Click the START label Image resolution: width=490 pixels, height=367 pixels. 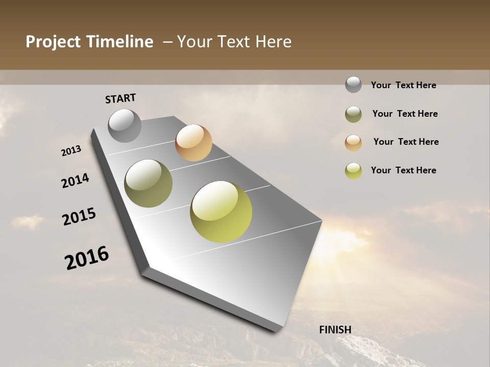(x=120, y=98)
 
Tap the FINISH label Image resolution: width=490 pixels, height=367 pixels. (x=335, y=330)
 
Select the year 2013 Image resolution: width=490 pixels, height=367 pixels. (x=71, y=151)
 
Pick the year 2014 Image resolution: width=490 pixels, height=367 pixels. (x=76, y=181)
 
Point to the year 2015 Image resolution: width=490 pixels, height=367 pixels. (x=79, y=217)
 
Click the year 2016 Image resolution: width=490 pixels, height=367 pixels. (x=87, y=258)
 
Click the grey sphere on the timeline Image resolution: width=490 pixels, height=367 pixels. (x=125, y=125)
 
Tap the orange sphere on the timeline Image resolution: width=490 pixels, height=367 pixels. (x=193, y=143)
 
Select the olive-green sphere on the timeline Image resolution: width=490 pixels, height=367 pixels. (x=149, y=183)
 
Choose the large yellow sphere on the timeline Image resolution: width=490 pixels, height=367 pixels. (x=221, y=212)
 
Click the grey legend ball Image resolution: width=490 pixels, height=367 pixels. (x=353, y=85)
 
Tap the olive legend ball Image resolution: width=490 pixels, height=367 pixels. (x=353, y=114)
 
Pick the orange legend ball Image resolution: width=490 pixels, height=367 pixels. (x=353, y=142)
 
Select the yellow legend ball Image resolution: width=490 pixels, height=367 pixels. (x=353, y=171)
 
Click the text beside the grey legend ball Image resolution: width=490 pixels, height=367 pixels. (x=403, y=85)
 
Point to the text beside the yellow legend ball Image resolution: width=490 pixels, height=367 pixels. (x=403, y=170)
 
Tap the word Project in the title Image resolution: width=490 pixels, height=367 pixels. (x=52, y=42)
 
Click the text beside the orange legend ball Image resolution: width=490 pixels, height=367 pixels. (x=406, y=142)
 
